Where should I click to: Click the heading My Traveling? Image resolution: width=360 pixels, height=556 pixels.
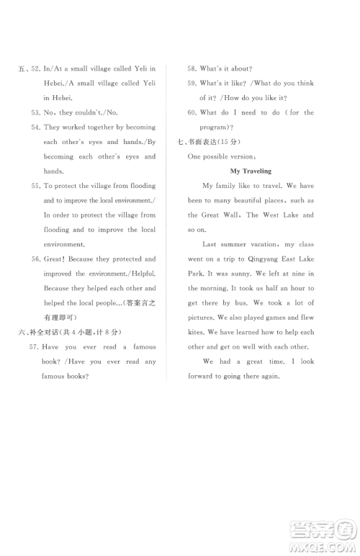[250, 171]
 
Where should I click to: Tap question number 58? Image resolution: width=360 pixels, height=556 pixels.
[192, 68]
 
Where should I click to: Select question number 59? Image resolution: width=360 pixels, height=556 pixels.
[192, 83]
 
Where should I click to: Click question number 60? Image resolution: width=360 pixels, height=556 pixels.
[192, 112]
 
